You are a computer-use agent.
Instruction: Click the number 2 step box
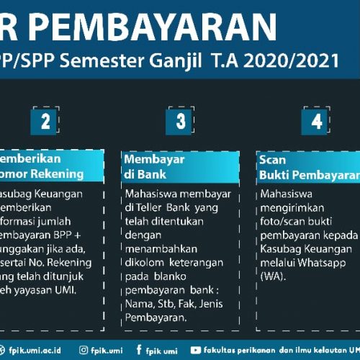click(45, 121)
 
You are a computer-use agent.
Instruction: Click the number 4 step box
click(316, 121)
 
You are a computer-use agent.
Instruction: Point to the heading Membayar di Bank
click(154, 166)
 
